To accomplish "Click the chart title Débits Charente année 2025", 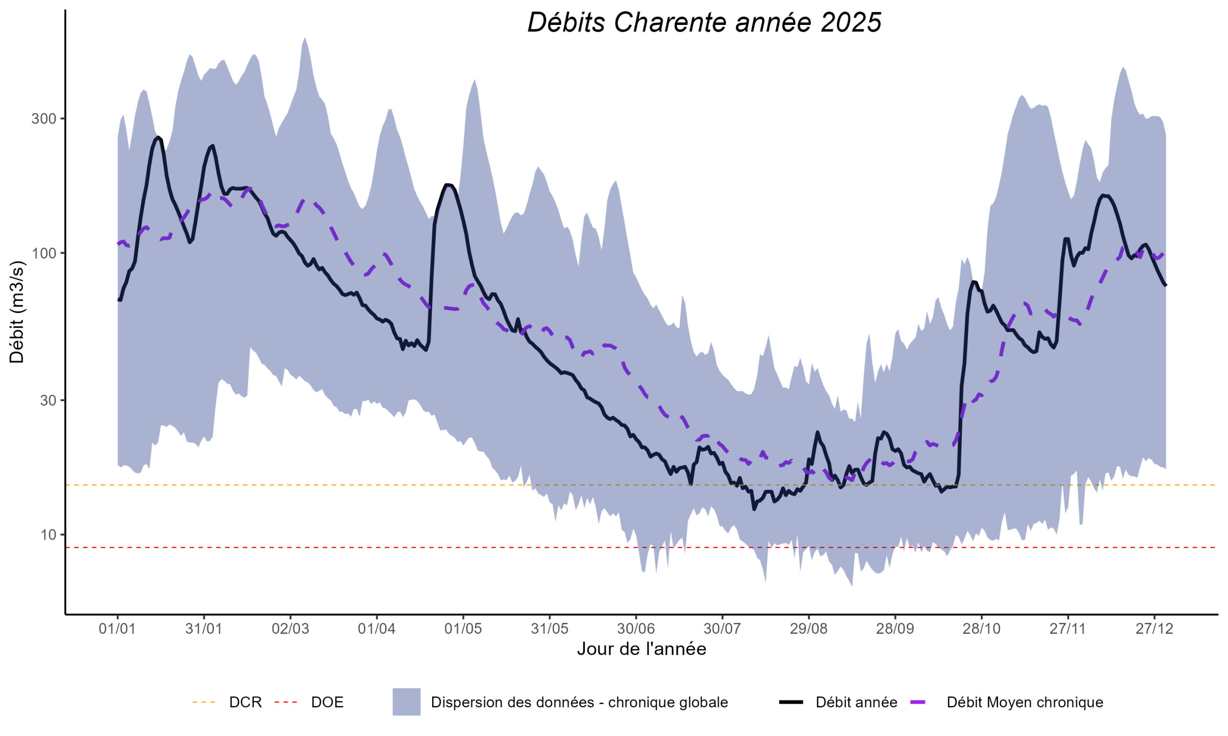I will tap(704, 23).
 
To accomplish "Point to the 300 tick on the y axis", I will tap(44, 119).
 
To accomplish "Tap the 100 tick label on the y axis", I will tap(44, 253).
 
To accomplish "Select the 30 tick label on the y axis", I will tap(47, 401).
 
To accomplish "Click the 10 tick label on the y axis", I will tap(47, 535).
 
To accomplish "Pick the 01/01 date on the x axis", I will tap(117, 629).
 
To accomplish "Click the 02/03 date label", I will tap(290, 629).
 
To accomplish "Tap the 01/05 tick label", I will tap(463, 629).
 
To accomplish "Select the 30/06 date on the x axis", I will tap(636, 629).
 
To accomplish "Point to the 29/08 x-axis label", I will tap(809, 629).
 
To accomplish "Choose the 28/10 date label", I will tap(981, 629).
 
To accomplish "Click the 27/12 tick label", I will tap(1155, 629).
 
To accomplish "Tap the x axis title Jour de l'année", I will tap(641, 649).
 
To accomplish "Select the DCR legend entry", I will tap(245, 702).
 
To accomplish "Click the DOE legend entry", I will tap(327, 702).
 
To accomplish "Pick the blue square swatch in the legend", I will tap(406, 702).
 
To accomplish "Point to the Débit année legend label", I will tap(856, 702).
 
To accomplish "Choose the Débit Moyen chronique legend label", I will tap(1025, 702).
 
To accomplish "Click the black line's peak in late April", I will tap(448, 185).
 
